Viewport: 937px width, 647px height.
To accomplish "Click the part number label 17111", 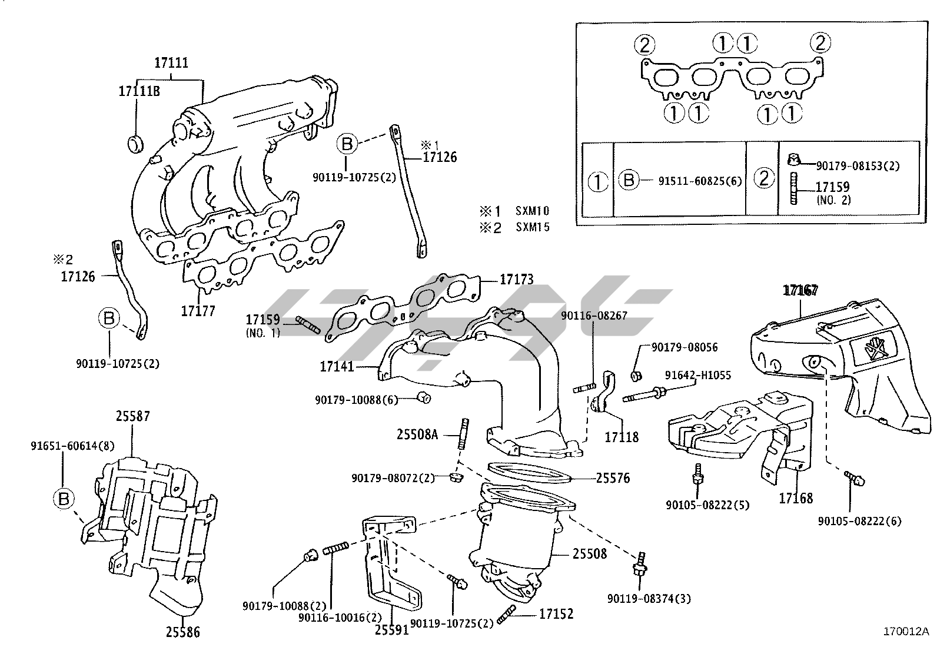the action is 171,63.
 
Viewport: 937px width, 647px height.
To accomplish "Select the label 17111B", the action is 139,91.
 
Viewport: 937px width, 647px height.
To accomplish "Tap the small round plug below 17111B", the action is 135,144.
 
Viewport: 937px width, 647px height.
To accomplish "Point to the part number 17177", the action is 198,311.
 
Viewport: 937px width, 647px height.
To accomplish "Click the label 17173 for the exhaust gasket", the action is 517,279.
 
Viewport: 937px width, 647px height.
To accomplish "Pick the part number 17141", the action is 337,367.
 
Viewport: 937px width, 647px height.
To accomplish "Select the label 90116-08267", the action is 594,316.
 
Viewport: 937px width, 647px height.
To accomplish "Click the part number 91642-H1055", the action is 697,375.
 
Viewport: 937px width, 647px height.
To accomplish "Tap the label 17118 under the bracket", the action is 622,437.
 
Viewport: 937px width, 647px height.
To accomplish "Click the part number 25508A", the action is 417,435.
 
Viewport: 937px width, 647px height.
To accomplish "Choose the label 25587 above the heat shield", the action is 132,416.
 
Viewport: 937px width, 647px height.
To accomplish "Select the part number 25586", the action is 183,632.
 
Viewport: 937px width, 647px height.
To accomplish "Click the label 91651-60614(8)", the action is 72,446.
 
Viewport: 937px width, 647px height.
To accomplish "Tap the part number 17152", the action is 556,614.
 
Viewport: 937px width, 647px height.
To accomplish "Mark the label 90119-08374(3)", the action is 649,599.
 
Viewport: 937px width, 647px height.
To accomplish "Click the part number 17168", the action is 796,499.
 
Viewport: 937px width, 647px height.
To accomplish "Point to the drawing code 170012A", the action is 906,632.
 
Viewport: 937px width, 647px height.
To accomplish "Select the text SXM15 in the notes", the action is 533,227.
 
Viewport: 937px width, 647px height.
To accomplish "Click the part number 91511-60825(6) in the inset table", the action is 700,181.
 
